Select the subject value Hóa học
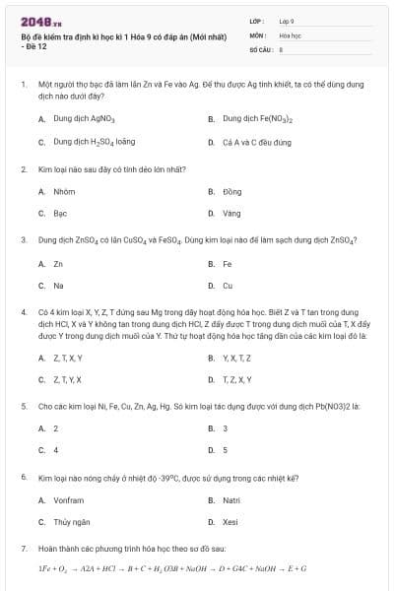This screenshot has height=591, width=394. tap(290, 34)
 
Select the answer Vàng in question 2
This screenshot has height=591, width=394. tap(231, 213)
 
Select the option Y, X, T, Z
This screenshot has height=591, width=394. tap(237, 358)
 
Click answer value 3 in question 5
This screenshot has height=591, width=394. tap(226, 428)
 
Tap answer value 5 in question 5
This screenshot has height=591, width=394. tap(226, 450)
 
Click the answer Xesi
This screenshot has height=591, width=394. tap(230, 522)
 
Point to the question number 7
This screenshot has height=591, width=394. tap(23, 547)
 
